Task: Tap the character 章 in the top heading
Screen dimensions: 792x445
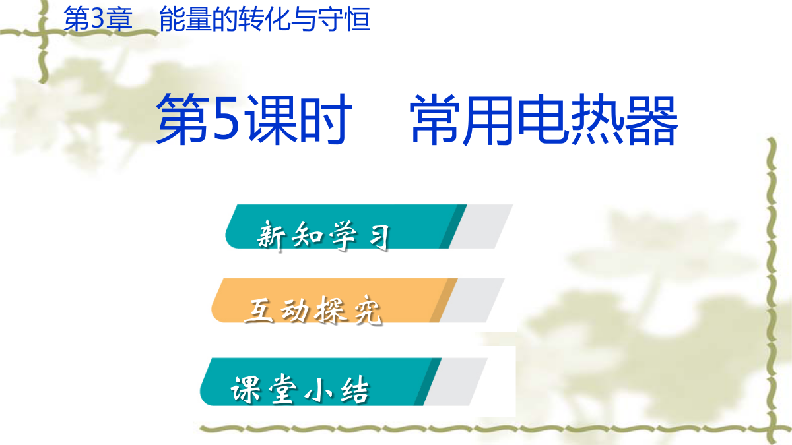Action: pyautogui.click(x=119, y=19)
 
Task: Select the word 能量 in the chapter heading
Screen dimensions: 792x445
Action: pyautogui.click(x=185, y=19)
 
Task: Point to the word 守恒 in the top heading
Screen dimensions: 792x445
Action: pyautogui.click(x=344, y=19)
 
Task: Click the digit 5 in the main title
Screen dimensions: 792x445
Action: pyautogui.click(x=226, y=121)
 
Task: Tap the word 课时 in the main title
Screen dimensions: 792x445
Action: pyautogui.click(x=300, y=121)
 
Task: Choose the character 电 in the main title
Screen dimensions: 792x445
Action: pyautogui.click(x=545, y=121)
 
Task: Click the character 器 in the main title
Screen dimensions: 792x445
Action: pyautogui.click(x=651, y=121)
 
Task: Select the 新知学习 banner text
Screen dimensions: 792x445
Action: pyautogui.click(x=323, y=235)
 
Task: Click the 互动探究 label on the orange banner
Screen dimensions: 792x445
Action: pyautogui.click(x=313, y=311)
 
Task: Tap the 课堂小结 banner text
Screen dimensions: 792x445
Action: pyautogui.click(x=300, y=390)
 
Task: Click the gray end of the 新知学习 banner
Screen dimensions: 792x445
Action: pyautogui.click(x=482, y=226)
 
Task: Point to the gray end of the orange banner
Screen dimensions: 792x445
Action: pyautogui.click(x=473, y=300)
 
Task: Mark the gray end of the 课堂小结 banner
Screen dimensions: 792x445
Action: pyautogui.click(x=456, y=382)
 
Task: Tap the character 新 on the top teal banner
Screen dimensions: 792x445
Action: pyautogui.click(x=271, y=235)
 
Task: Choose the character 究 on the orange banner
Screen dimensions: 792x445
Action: pyautogui.click(x=368, y=311)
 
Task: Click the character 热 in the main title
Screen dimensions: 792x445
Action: pyautogui.click(x=598, y=121)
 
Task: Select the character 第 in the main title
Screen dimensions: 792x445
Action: pyautogui.click(x=183, y=121)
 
